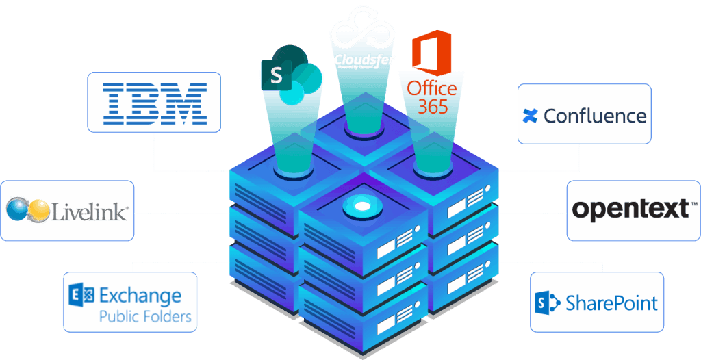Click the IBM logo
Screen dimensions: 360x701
tap(154, 102)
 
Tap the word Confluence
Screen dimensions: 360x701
tap(595, 115)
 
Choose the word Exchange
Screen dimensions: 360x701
tap(140, 296)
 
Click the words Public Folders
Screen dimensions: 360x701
tap(145, 317)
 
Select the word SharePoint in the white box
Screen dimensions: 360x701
tap(612, 303)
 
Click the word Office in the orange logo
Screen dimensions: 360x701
tap(432, 88)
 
